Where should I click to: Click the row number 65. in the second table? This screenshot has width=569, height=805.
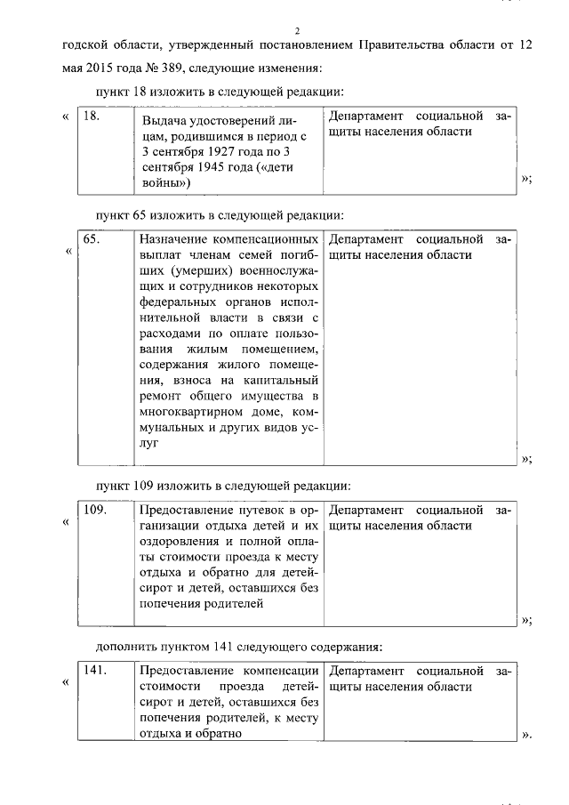pos(92,239)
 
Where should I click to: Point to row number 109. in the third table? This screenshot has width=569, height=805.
pos(94,510)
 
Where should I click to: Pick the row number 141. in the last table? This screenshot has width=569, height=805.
pos(94,670)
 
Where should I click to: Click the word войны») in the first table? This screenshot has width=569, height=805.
pos(164,182)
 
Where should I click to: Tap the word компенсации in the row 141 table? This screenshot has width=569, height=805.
pos(282,670)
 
